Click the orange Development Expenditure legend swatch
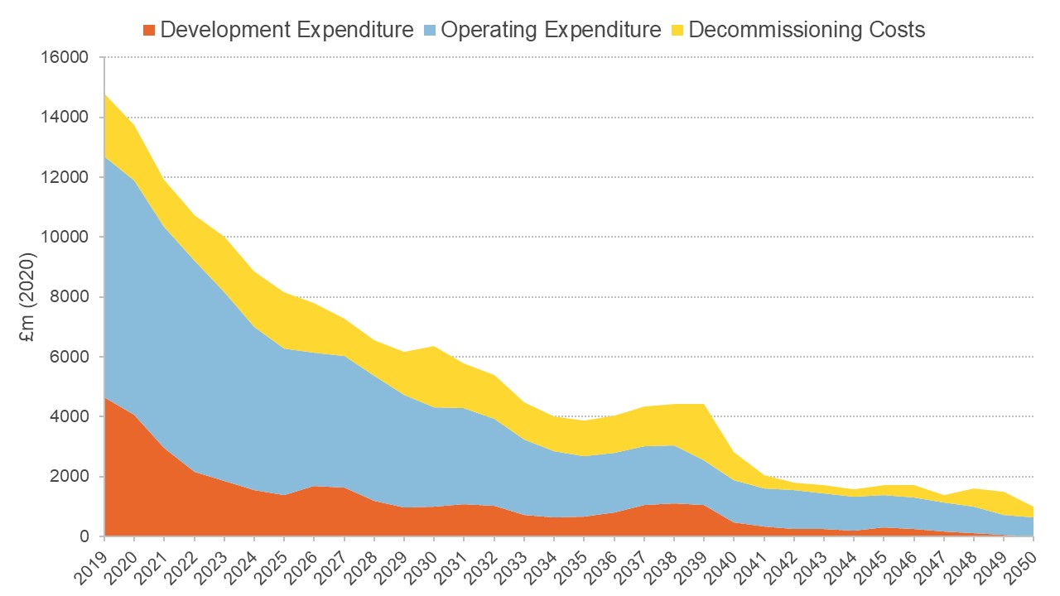(x=149, y=31)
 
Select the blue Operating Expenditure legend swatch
(x=430, y=31)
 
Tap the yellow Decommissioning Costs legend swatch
(x=677, y=31)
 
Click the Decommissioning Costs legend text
(x=807, y=31)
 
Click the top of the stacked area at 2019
(x=105, y=95)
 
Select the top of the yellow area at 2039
(x=704, y=404)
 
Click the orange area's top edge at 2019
(x=105, y=398)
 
